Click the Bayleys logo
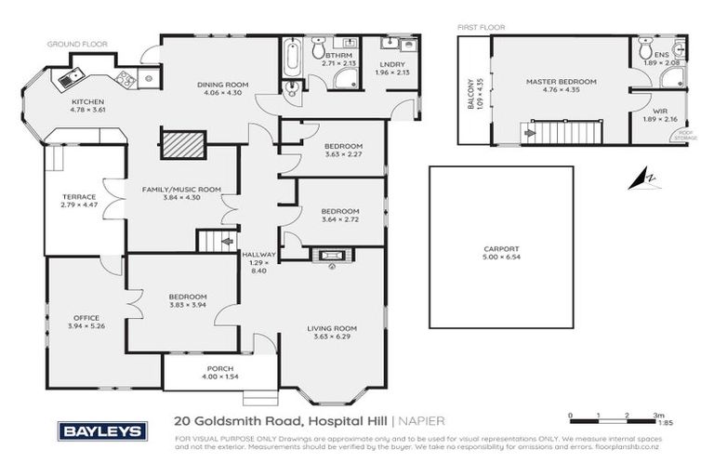101,430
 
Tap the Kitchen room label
87,101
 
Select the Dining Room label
219,85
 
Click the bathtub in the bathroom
292,59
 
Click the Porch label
220,369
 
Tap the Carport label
501,248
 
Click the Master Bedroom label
561,82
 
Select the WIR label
659,112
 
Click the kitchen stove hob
126,79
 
